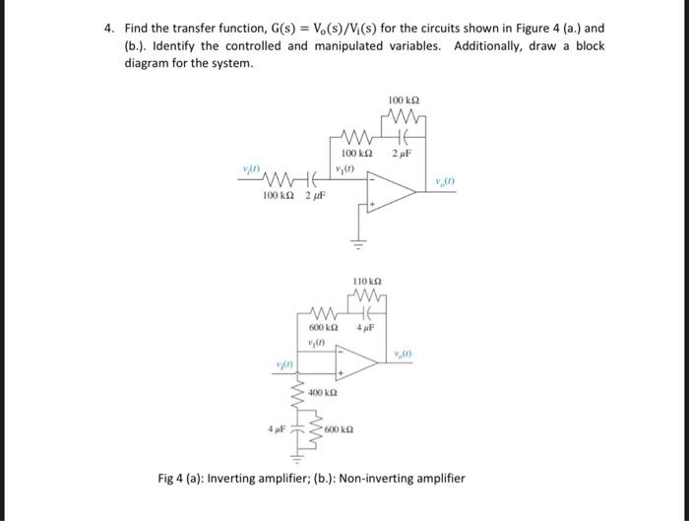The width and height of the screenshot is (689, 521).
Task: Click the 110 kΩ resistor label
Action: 365,282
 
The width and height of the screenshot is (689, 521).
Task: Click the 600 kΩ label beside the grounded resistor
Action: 339,429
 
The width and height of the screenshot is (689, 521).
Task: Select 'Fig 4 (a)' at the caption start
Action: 181,479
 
